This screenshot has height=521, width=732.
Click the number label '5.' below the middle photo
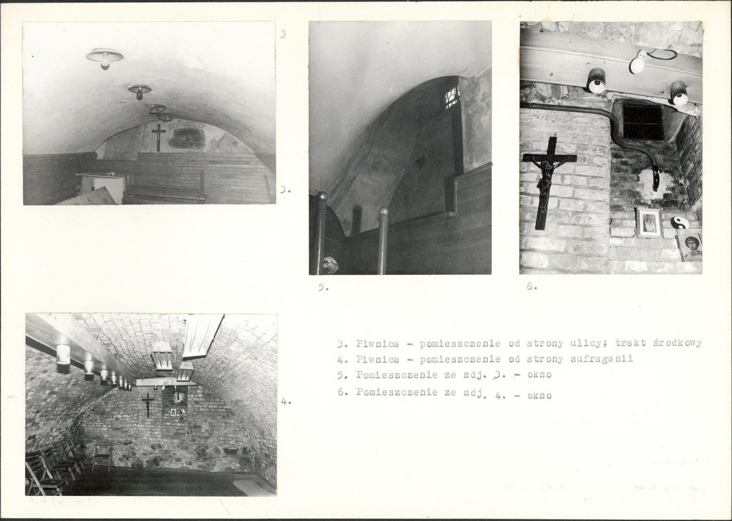point(323,288)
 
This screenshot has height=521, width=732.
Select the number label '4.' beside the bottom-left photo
point(286,401)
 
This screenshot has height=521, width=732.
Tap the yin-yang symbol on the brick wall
point(679,223)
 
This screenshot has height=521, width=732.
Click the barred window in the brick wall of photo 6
point(643,122)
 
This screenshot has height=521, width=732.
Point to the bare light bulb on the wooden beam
point(638,62)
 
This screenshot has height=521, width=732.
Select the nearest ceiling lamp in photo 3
point(105,57)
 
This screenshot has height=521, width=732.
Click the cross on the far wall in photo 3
point(159,137)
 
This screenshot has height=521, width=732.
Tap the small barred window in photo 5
point(452,97)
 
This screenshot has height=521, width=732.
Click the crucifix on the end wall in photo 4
point(147,404)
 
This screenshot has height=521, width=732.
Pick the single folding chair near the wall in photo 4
point(102,456)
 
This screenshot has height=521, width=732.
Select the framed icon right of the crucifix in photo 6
point(650,223)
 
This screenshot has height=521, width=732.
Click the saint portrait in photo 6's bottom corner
point(689,247)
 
